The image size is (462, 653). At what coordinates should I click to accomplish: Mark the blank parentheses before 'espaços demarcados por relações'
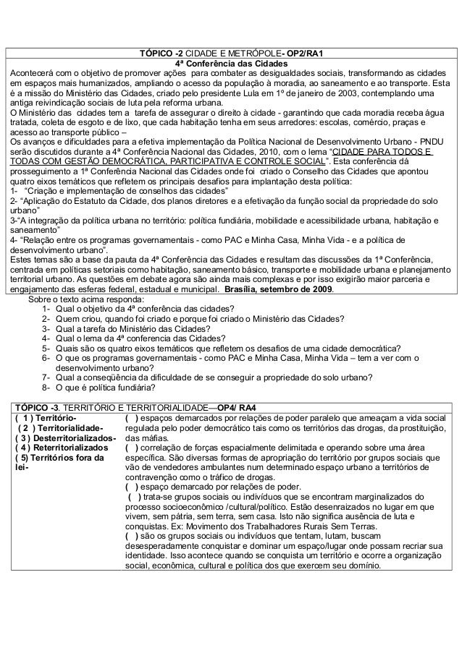tap(132, 418)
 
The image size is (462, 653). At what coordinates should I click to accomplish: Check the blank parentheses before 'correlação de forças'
tap(132, 448)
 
